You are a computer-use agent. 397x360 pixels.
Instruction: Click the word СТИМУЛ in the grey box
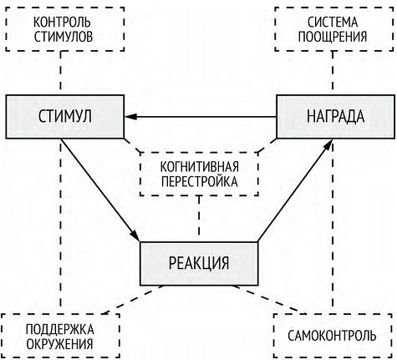pyautogui.click(x=65, y=116)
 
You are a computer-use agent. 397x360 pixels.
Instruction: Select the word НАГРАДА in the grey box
pyautogui.click(x=336, y=116)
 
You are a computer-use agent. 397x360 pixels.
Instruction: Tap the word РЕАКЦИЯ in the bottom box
pyautogui.click(x=199, y=263)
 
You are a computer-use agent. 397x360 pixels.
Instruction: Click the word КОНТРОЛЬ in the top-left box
pyautogui.click(x=62, y=23)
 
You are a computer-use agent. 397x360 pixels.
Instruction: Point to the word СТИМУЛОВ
pyautogui.click(x=64, y=37)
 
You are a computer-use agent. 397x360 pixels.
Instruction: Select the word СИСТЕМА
pyautogui.click(x=333, y=23)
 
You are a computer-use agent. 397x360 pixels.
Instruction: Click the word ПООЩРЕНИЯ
pyautogui.click(x=333, y=37)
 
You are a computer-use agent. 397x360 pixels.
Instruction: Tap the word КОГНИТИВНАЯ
pyautogui.click(x=200, y=167)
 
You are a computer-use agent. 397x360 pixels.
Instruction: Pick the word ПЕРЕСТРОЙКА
pyautogui.click(x=200, y=181)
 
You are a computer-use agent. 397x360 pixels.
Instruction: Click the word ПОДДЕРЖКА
pyautogui.click(x=60, y=329)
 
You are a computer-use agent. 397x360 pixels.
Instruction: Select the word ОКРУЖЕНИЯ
pyautogui.click(x=59, y=344)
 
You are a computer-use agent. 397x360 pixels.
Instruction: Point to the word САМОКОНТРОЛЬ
pyautogui.click(x=332, y=336)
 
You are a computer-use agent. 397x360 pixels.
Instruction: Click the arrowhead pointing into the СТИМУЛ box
pyautogui.click(x=130, y=117)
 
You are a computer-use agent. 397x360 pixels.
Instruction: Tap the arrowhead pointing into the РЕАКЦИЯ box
pyautogui.click(x=135, y=236)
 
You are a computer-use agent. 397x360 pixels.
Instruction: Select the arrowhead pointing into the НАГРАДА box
pyautogui.click(x=328, y=145)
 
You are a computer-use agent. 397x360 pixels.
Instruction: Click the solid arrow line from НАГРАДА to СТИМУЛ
pyautogui.click(x=201, y=117)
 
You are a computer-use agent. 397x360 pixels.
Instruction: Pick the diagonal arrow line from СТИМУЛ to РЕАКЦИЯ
pyautogui.click(x=100, y=190)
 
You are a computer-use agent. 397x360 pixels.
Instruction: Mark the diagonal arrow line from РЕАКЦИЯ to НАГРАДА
pyautogui.click(x=296, y=190)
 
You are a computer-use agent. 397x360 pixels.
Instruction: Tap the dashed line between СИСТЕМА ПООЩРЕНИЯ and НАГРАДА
pyautogui.click(x=333, y=74)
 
